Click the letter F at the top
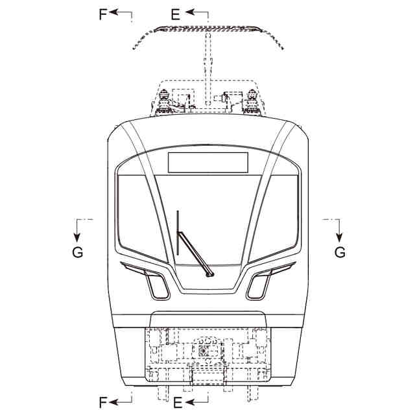click(x=102, y=14)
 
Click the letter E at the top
click(x=176, y=14)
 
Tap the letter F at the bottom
click(x=102, y=403)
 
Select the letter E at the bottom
click(x=178, y=403)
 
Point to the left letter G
click(x=78, y=252)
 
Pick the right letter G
click(x=340, y=252)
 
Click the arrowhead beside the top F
click(x=113, y=12)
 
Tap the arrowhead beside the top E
click(x=190, y=12)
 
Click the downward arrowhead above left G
click(x=77, y=237)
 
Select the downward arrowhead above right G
click(x=339, y=237)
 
